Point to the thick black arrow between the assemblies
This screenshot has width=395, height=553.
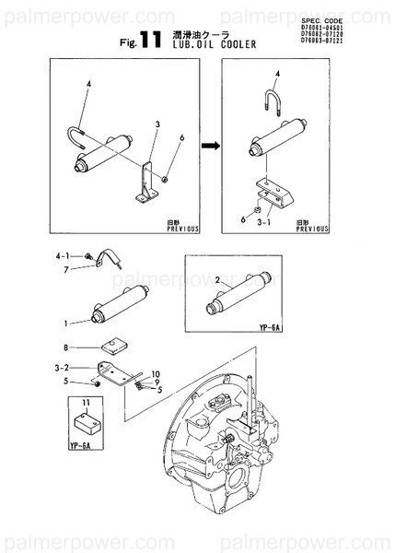pyautogui.click(x=212, y=145)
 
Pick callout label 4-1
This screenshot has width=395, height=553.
pyautogui.click(x=63, y=254)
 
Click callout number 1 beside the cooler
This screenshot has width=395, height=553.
pyautogui.click(x=65, y=323)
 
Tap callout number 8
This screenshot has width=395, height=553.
pyautogui.click(x=65, y=347)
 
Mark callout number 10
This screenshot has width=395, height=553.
pyautogui.click(x=156, y=374)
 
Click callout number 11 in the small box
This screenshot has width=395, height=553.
pyautogui.click(x=86, y=404)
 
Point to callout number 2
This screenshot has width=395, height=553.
pyautogui.click(x=216, y=278)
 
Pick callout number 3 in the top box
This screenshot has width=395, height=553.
pyautogui.click(x=157, y=124)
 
